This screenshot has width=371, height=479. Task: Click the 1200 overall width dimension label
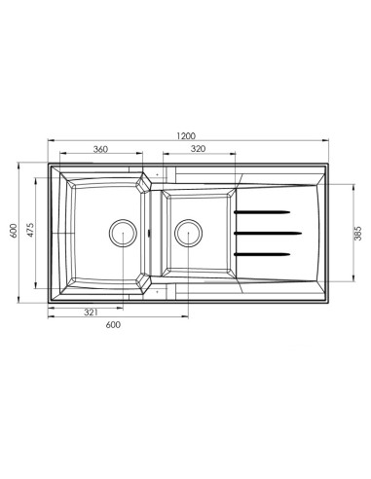coord(186,135)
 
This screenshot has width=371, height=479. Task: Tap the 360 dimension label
coord(100,149)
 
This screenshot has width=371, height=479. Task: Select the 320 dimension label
coord(198,149)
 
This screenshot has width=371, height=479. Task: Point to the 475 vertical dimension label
coord(30,230)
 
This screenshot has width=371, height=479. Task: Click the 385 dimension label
coord(357,233)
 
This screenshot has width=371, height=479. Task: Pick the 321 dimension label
coord(91,313)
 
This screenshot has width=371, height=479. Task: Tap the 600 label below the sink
coord(113,324)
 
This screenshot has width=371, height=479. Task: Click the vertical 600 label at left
coord(14,231)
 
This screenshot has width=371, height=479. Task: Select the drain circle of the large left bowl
coord(123,233)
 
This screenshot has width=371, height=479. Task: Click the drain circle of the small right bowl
coord(189,233)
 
